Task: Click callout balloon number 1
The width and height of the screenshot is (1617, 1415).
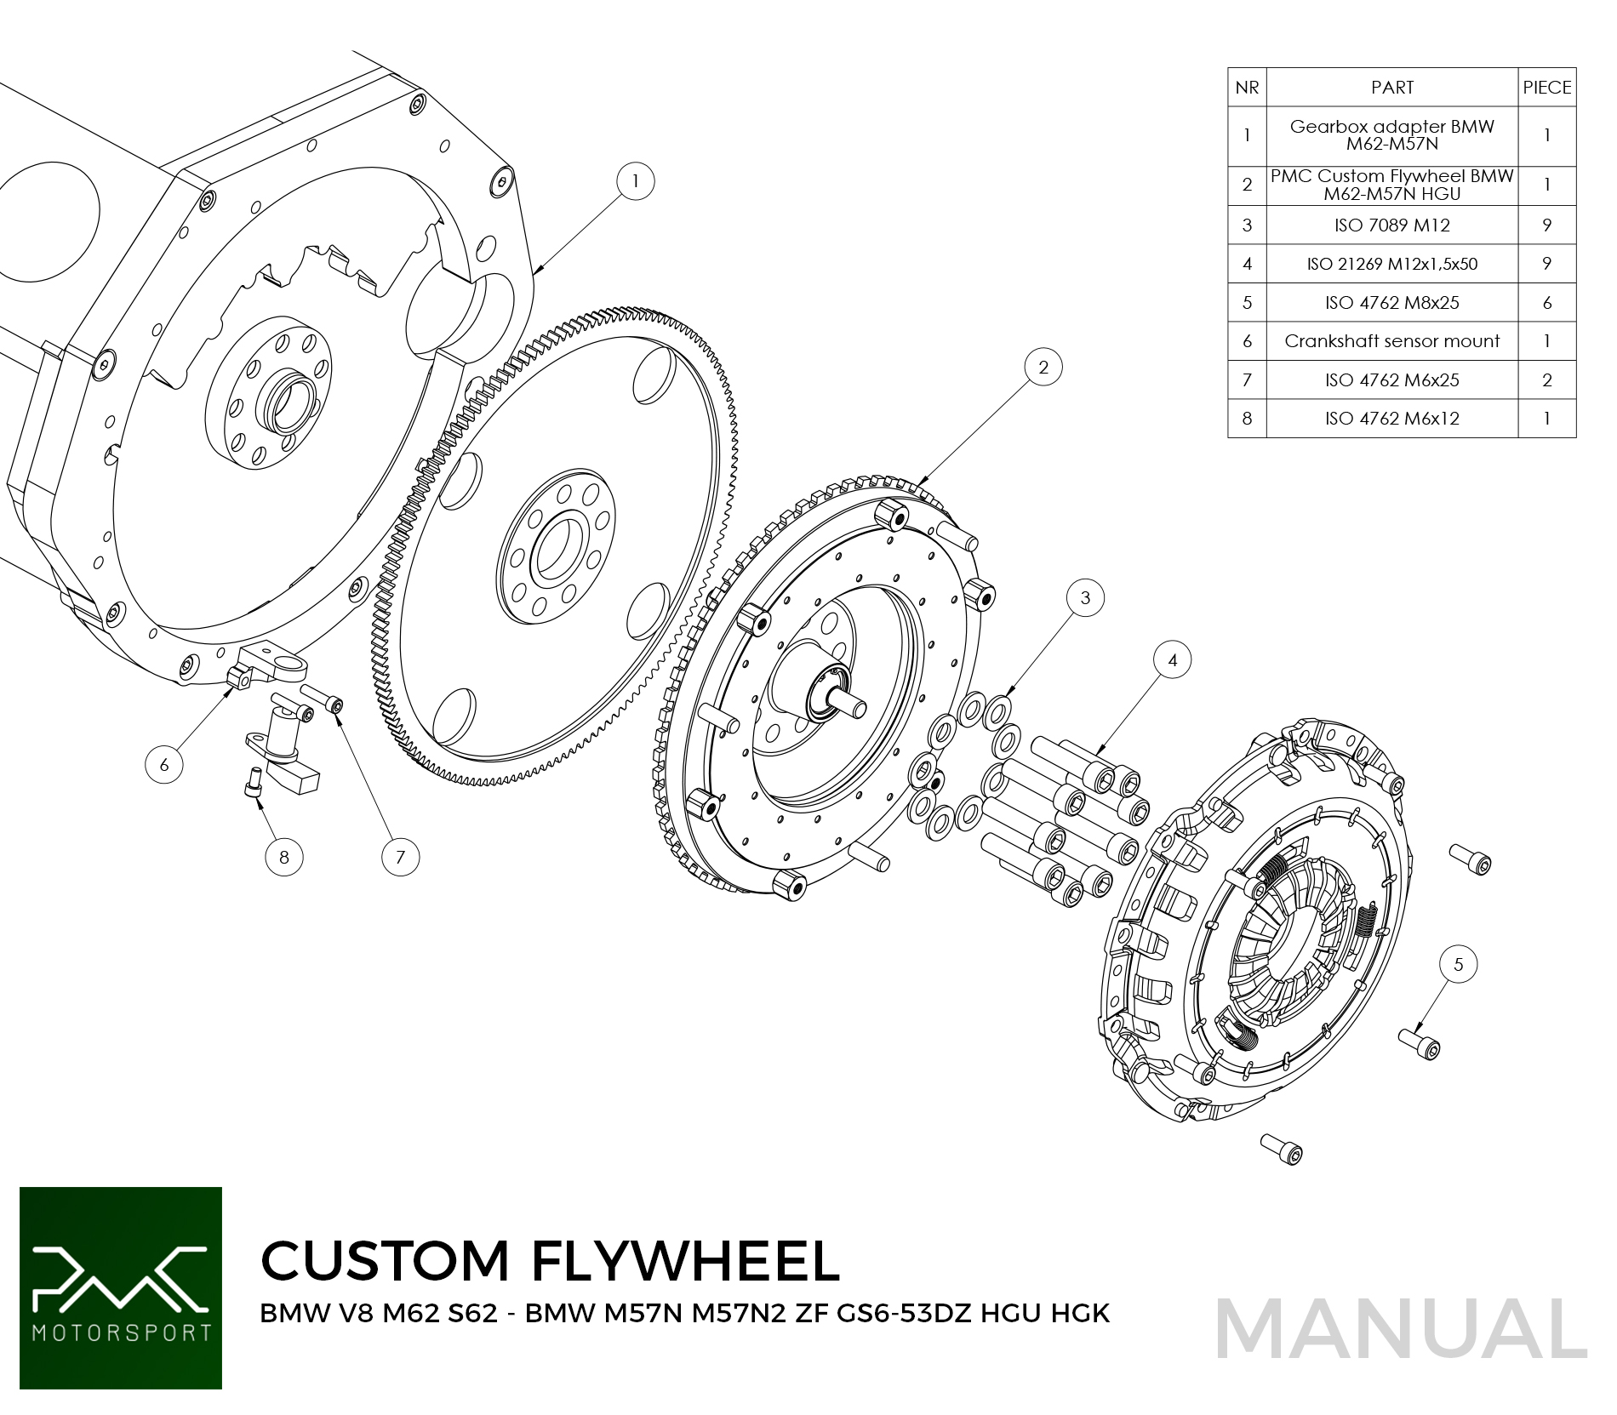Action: (x=635, y=181)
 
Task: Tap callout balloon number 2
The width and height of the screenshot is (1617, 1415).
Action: (x=1043, y=368)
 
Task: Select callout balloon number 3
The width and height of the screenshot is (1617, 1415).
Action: (x=1085, y=598)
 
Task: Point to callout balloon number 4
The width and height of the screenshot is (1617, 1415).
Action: (x=1173, y=660)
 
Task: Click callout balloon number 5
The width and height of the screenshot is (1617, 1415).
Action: (x=1458, y=965)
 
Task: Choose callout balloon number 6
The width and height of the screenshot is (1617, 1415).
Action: (x=164, y=765)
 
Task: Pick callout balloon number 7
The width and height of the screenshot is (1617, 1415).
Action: (x=400, y=857)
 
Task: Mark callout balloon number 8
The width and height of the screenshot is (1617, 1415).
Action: (x=284, y=857)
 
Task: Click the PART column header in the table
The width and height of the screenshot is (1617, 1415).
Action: (x=1391, y=88)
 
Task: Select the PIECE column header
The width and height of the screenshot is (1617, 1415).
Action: (x=1546, y=88)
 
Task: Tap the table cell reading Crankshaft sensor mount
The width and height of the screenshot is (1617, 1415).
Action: (x=1391, y=341)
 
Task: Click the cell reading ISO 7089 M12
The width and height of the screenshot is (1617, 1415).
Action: (x=1391, y=225)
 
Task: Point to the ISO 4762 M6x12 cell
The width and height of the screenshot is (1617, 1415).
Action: (x=1391, y=419)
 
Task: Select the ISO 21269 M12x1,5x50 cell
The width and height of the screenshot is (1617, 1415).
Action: (x=1391, y=264)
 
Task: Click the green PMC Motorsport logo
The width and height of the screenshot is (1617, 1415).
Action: (x=121, y=1287)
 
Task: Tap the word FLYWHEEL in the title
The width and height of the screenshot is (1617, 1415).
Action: (x=685, y=1260)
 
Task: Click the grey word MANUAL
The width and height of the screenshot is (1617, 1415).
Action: (x=1401, y=1329)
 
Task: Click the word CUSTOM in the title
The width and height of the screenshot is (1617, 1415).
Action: (x=385, y=1260)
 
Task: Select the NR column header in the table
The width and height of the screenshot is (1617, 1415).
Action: (x=1247, y=88)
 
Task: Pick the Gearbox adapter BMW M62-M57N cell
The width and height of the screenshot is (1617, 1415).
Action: (x=1391, y=135)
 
